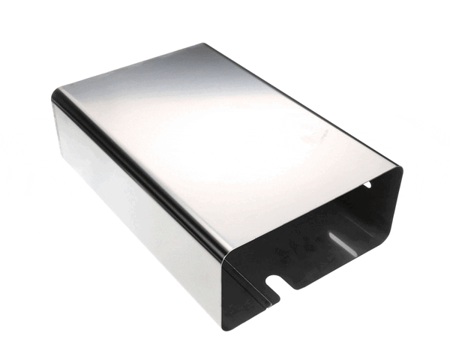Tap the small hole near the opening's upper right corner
[x=367, y=184]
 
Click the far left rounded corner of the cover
[x=54, y=97]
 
